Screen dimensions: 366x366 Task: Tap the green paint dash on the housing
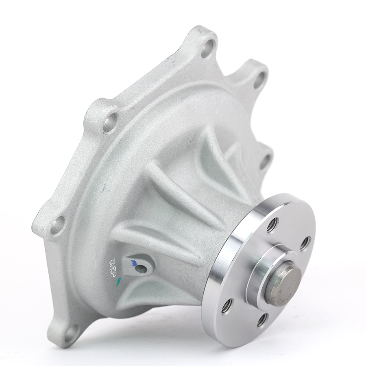pos(118,281)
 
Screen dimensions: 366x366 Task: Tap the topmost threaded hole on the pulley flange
pos(272,225)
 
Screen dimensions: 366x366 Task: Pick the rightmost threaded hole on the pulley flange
pos(305,244)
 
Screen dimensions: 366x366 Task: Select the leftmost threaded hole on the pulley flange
pos(227,306)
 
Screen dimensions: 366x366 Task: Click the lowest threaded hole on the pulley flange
pos(262,320)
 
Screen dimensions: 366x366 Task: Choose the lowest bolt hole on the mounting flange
pos(71,333)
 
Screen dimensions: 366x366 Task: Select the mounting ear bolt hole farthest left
pos(58,224)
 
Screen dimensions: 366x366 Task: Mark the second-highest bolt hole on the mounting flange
pos(259,80)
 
